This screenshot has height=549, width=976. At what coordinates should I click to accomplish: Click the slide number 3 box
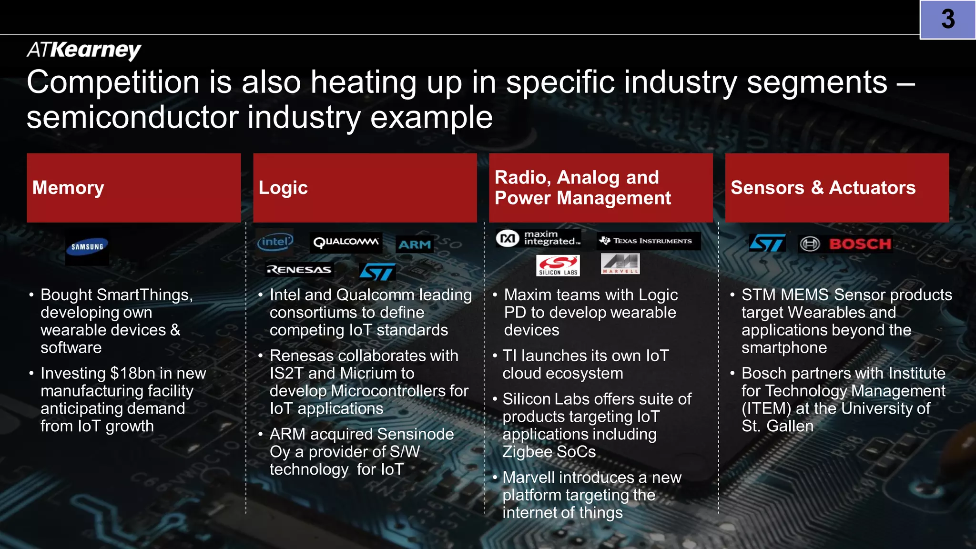pos(947,20)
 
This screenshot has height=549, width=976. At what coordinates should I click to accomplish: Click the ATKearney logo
pos(84,50)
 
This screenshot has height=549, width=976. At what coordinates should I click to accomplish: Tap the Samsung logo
pos(87,247)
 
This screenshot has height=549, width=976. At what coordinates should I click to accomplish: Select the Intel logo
pos(275,242)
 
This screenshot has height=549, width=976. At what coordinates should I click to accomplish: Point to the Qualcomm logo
pos(346,242)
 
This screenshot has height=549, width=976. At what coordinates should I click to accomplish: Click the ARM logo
pos(415,244)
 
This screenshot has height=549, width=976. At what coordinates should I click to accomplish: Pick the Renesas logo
pos(299,270)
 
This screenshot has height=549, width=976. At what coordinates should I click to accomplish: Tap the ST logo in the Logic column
pos(377,272)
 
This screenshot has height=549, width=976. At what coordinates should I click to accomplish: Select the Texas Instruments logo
pos(649,241)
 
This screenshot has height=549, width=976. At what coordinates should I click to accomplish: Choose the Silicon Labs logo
pos(558,265)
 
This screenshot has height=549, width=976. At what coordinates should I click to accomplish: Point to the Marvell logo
pos(620,264)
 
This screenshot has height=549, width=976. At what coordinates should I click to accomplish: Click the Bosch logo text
pos(860,244)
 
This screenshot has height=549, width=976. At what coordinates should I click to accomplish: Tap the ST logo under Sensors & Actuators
pos(767,243)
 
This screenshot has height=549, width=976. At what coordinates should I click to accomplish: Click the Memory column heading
pos(68,188)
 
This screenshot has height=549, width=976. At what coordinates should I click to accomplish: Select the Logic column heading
pos(283,188)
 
